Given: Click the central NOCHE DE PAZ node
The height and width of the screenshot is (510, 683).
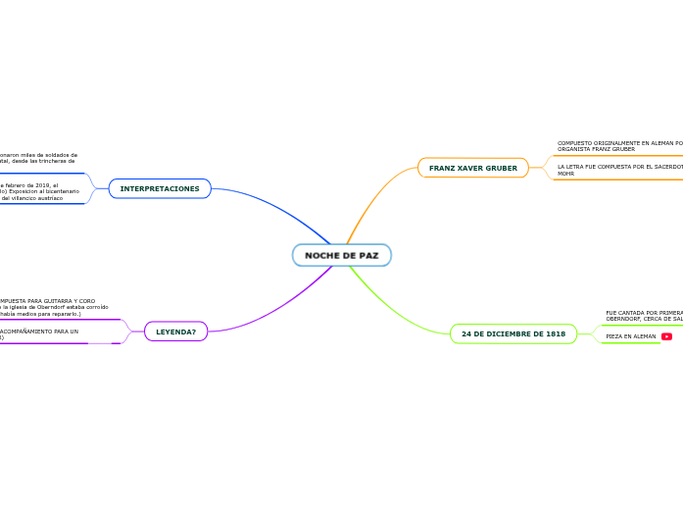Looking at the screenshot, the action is pyautogui.click(x=341, y=255).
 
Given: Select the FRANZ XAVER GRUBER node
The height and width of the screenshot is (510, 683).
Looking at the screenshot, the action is pyautogui.click(x=472, y=168).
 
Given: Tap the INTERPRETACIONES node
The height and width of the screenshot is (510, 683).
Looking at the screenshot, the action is pyautogui.click(x=160, y=188).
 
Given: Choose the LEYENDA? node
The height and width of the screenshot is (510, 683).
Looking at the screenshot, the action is pyautogui.click(x=175, y=331).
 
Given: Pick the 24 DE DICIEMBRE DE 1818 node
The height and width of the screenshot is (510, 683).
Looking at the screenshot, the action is pyautogui.click(x=513, y=333).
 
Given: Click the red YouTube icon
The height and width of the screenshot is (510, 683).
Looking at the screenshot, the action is pyautogui.click(x=666, y=336).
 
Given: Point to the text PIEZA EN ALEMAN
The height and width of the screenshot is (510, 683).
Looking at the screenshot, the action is pyautogui.click(x=631, y=336).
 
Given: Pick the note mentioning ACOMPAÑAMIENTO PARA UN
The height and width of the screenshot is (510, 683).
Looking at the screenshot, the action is pyautogui.click(x=39, y=334).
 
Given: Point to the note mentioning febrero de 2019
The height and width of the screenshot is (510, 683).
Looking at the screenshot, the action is pyautogui.click(x=39, y=191).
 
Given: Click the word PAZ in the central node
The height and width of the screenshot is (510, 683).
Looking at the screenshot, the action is pyautogui.click(x=367, y=255).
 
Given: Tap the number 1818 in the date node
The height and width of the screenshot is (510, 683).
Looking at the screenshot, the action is pyautogui.click(x=554, y=333).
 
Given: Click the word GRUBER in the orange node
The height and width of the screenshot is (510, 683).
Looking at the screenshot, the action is pyautogui.click(x=500, y=168).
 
